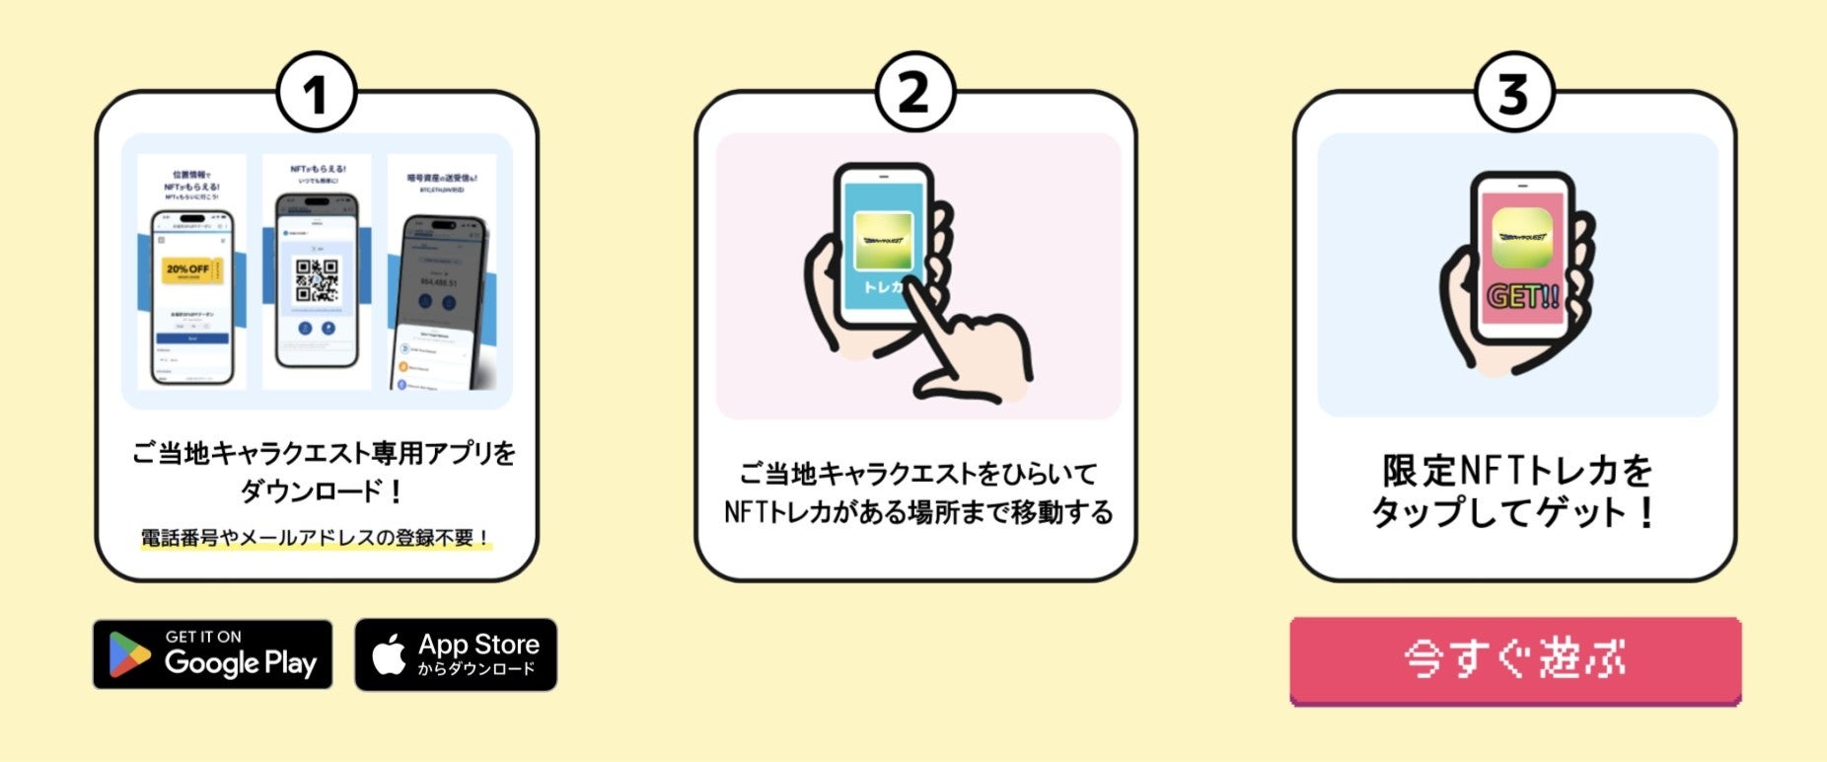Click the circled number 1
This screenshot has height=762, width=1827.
coord(315,95)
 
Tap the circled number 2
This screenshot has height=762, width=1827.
coord(914,94)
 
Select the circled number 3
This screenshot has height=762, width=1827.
coord(1513,95)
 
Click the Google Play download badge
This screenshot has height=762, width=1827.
coord(212,654)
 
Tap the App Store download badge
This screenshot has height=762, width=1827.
coord(456,654)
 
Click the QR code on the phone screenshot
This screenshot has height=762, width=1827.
coord(317,280)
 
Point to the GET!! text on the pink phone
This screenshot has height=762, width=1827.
coord(1522,297)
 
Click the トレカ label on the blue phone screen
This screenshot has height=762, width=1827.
coord(883,287)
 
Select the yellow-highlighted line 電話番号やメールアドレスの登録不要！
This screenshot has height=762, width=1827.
coord(316,538)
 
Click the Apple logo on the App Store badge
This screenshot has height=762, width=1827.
coord(390,654)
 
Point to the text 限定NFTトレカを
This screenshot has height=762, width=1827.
coord(1516,471)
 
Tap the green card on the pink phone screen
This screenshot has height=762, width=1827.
coord(1522,238)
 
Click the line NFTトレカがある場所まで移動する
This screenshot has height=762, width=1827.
coord(917,513)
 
